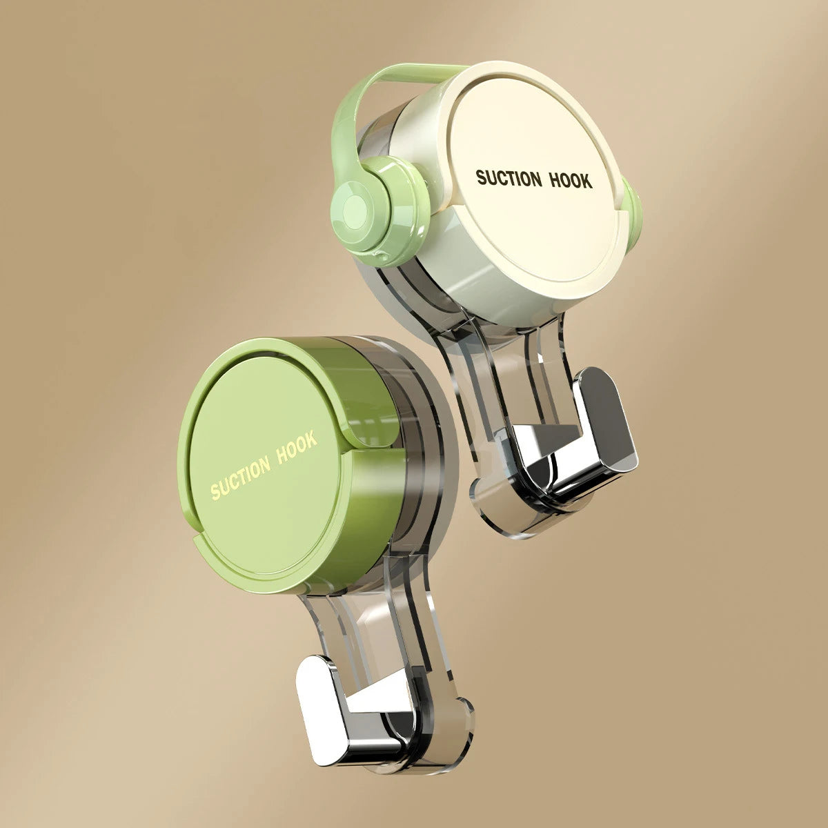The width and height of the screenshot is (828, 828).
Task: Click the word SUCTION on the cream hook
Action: coord(509,178)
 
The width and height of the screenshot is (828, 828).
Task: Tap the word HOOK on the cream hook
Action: coord(571,180)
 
